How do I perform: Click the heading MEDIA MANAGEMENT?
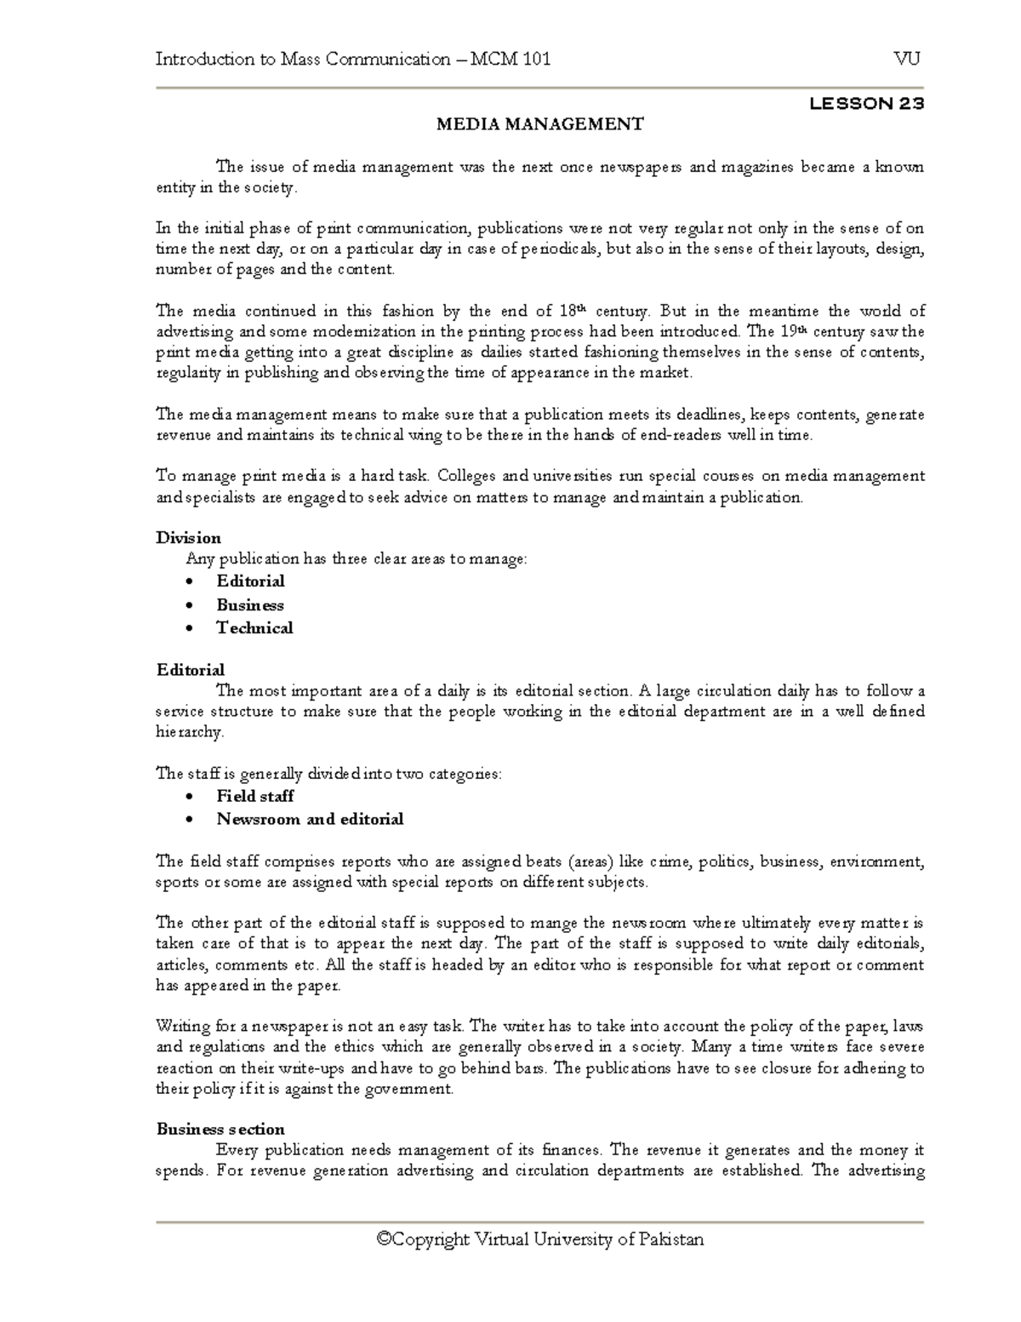[x=540, y=124]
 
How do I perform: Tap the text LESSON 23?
[x=866, y=104]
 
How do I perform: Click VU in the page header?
[x=907, y=59]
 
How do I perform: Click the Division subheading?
[x=188, y=538]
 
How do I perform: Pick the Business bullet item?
[x=250, y=605]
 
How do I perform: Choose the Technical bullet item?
[x=254, y=628]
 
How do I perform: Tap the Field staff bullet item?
[x=255, y=796]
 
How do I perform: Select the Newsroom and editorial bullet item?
[x=310, y=820]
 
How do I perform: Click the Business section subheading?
[x=220, y=1130]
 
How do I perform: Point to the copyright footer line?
[x=540, y=1239]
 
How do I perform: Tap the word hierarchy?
[x=189, y=732]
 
